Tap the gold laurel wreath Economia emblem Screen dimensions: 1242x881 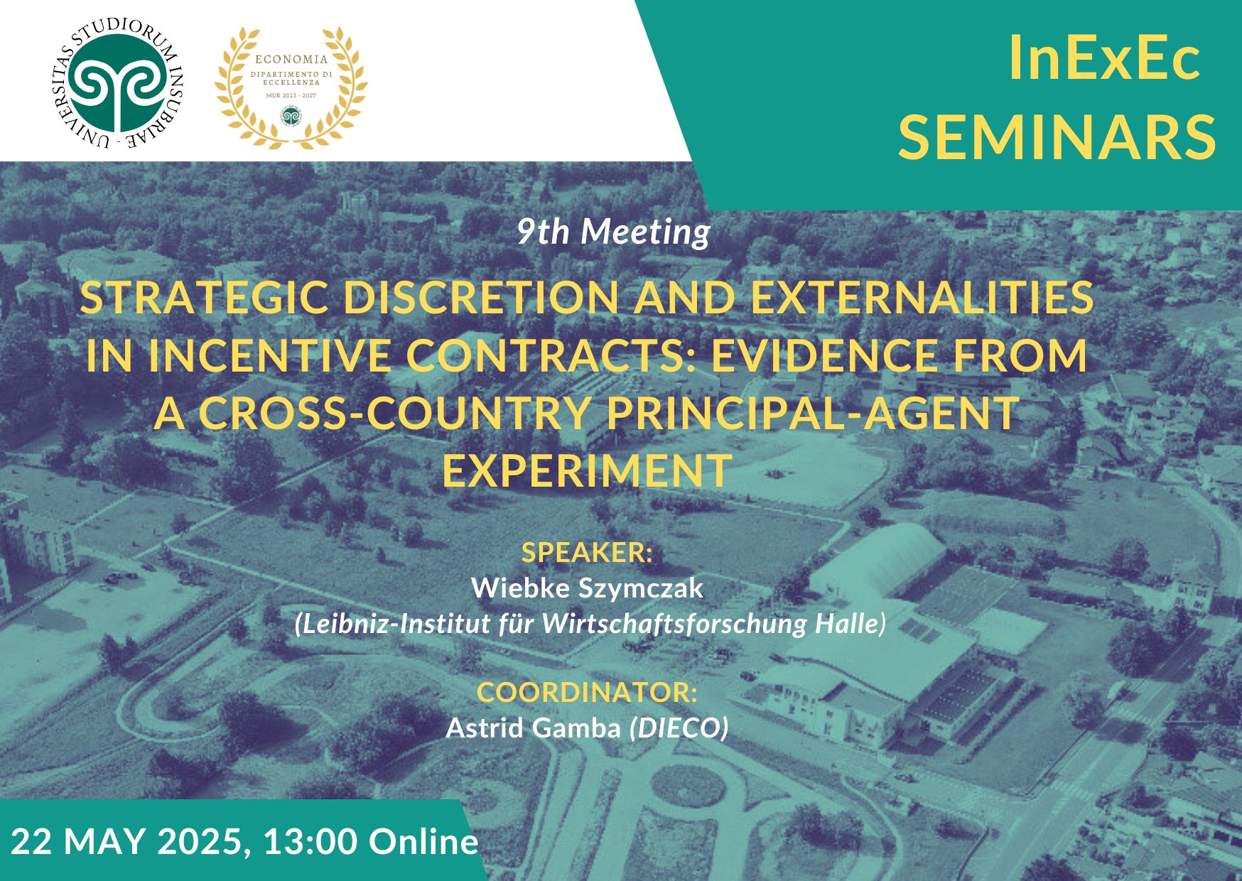click(291, 87)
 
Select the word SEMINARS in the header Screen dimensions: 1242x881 click(1058, 136)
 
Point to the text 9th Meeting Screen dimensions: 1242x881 click(613, 232)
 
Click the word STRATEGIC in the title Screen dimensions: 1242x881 click(205, 297)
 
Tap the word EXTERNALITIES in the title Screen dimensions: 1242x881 click(922, 297)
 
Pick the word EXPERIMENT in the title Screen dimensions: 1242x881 click(587, 470)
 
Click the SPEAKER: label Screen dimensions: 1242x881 click(587, 552)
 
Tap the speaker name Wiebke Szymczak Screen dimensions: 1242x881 click(587, 588)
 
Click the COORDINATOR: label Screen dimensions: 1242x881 click(587, 692)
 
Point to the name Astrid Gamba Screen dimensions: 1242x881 click(533, 728)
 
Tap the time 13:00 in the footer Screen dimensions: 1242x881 click(310, 842)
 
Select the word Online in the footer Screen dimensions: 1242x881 click(423, 842)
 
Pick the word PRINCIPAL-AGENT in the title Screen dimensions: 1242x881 click(813, 413)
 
